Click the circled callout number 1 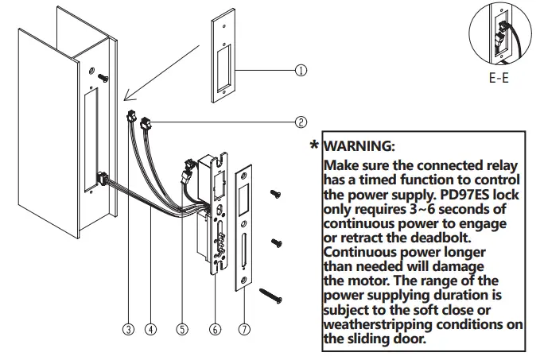click(x=301, y=70)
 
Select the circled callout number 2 click(x=301, y=122)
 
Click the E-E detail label click(x=499, y=80)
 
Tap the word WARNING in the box click(x=359, y=147)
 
